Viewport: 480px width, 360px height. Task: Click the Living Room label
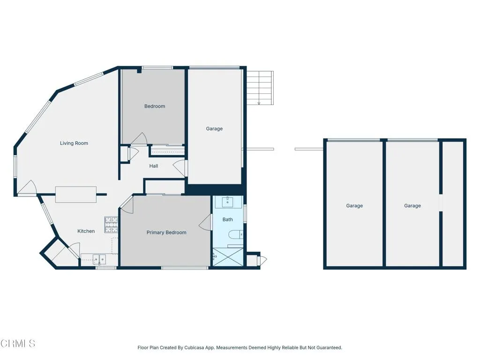(74, 143)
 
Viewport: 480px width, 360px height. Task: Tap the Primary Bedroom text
(166, 232)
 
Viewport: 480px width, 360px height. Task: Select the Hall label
(154, 166)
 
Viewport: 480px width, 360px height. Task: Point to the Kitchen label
(86, 231)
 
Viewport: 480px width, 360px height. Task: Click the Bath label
(227, 219)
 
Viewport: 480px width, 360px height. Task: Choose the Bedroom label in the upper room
(155, 106)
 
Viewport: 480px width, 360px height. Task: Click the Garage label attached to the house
(214, 129)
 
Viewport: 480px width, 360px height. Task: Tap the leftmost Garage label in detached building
(354, 206)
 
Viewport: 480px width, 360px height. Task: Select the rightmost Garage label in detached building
(412, 206)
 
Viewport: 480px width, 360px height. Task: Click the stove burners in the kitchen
(111, 225)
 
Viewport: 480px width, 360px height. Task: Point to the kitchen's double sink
(99, 259)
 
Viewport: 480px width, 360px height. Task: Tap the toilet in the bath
(236, 234)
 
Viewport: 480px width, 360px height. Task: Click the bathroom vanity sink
(228, 202)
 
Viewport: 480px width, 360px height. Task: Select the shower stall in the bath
(227, 257)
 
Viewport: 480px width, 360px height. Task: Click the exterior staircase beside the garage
(260, 88)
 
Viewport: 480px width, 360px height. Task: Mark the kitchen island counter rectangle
(76, 195)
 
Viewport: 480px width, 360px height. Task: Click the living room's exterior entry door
(27, 188)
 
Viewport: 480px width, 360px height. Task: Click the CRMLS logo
(18, 344)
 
